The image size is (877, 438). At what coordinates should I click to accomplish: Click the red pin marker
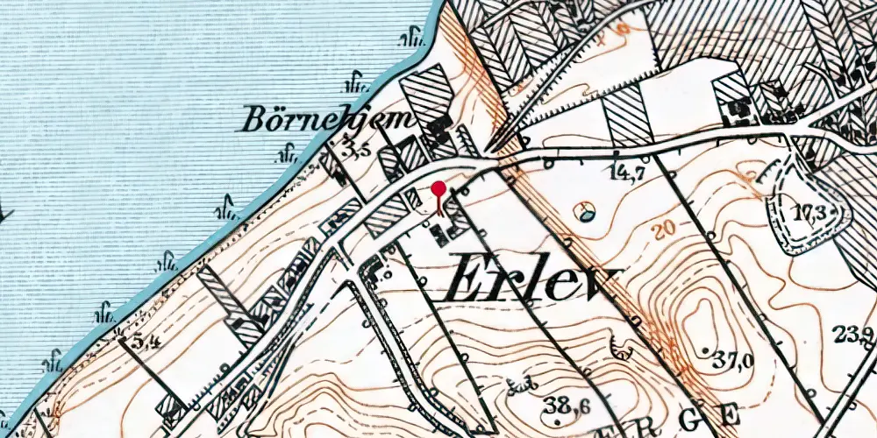439,188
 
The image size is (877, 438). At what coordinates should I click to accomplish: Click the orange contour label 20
667,230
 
